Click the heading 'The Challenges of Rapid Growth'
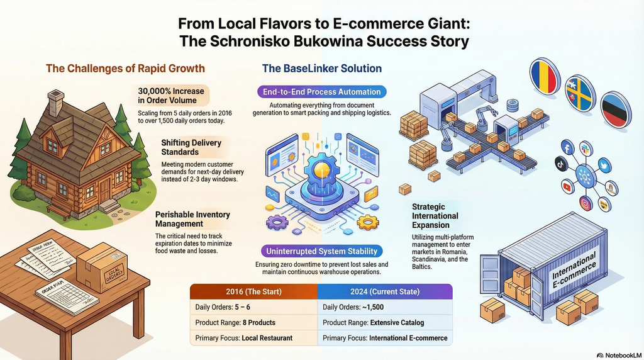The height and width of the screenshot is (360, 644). [x=125, y=68]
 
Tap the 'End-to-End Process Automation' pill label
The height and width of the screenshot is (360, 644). [x=322, y=92]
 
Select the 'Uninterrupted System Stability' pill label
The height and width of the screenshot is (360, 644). [x=321, y=251]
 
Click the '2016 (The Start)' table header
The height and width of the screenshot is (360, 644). [x=254, y=291]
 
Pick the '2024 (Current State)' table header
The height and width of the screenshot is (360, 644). [x=385, y=291]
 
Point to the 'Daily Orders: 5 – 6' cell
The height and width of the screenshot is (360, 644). [x=254, y=307]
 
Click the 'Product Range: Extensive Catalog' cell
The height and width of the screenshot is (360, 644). [x=385, y=323]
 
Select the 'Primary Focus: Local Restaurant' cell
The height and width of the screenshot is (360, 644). [x=254, y=338]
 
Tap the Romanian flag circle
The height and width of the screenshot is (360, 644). [x=545, y=76]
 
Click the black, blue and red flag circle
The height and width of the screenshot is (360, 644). [x=616, y=110]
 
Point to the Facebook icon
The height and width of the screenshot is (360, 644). [x=567, y=147]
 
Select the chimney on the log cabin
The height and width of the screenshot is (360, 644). [x=55, y=103]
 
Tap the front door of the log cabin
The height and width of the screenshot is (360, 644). [x=105, y=189]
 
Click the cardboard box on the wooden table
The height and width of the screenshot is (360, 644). [x=102, y=267]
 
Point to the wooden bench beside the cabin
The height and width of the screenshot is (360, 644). [x=60, y=211]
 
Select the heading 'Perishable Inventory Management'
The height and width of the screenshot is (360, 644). [x=192, y=219]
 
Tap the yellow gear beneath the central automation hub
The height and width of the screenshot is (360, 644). [x=367, y=222]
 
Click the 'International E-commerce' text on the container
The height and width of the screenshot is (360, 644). [x=574, y=271]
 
